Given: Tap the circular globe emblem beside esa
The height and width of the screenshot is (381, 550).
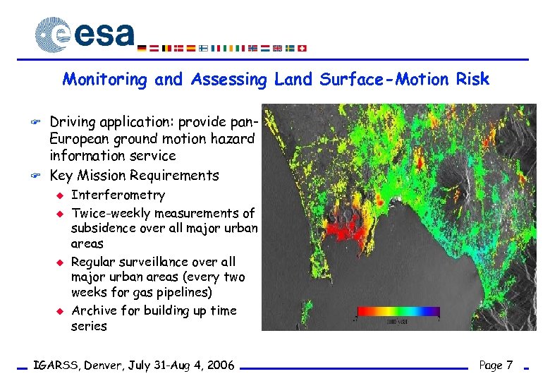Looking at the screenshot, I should (x=53, y=35).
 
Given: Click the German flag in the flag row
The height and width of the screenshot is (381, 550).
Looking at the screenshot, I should (x=142, y=48).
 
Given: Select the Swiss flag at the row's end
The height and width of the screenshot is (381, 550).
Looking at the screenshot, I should (x=302, y=48).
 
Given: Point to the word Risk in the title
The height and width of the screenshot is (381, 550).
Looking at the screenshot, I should (x=472, y=79).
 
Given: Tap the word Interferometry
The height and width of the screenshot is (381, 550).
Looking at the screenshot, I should (x=118, y=195).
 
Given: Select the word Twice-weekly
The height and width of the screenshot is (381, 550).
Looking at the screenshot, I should (x=111, y=213).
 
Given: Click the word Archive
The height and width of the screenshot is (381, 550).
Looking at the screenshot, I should (x=94, y=310).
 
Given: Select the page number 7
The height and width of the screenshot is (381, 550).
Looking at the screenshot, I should (x=508, y=365).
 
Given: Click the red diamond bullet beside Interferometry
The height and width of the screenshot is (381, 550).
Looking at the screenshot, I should (x=61, y=195).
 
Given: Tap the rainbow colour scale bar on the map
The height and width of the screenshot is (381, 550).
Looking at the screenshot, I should (x=398, y=311).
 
